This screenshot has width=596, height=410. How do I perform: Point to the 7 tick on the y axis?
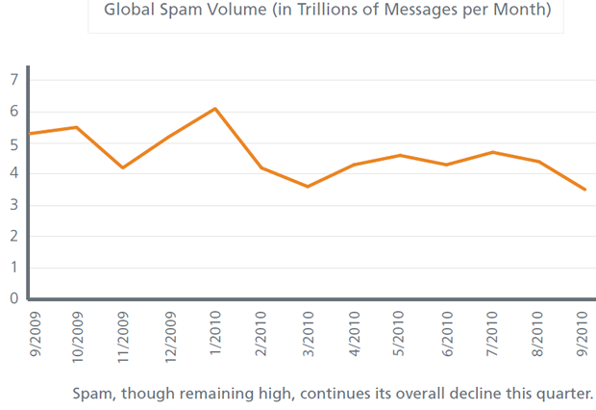click(x=13, y=80)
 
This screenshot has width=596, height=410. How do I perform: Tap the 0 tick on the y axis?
click(x=13, y=298)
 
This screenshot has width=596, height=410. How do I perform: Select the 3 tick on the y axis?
click(x=13, y=205)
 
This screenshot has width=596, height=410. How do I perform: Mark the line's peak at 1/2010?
click(x=215, y=108)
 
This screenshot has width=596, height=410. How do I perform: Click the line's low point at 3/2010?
click(x=308, y=187)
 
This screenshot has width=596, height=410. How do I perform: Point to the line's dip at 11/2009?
click(x=122, y=167)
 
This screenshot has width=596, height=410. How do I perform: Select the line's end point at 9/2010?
click(x=584, y=190)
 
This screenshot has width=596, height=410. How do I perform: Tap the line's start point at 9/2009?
click(x=31, y=134)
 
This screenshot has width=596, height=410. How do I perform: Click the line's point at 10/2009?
click(x=77, y=127)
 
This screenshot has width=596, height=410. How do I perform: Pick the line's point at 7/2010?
click(x=492, y=152)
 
